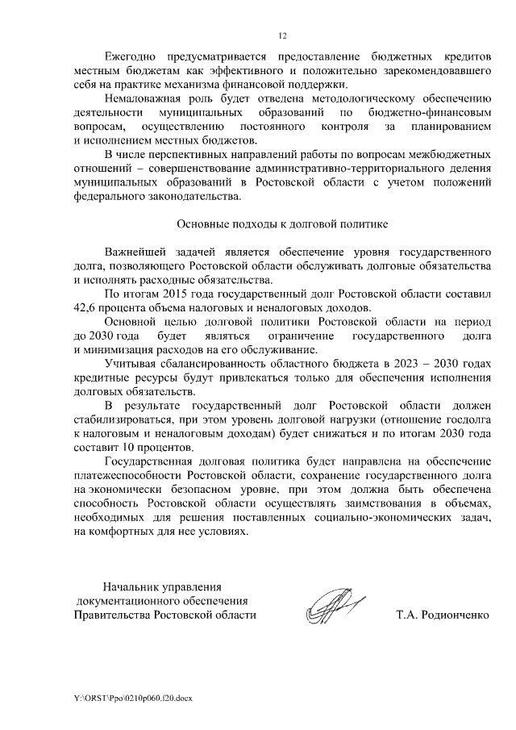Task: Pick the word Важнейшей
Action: click(135, 252)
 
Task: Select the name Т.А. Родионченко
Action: click(442, 614)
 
